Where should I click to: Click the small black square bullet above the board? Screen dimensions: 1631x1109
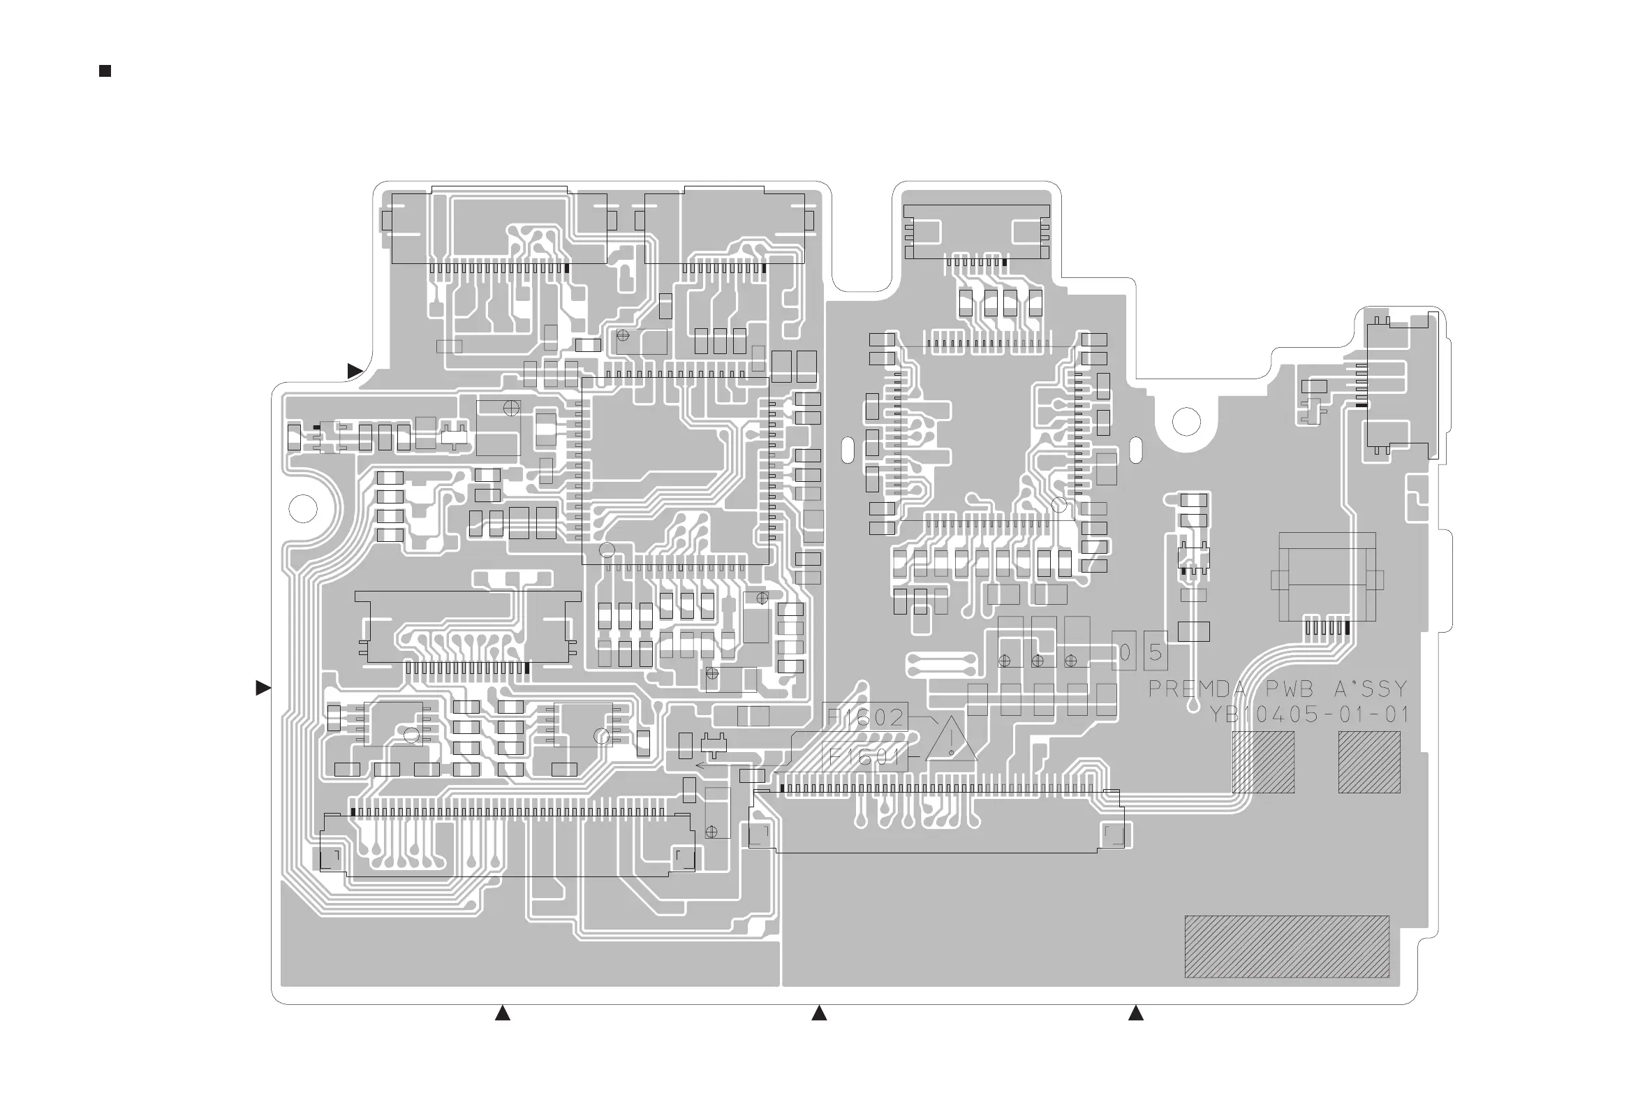pyautogui.click(x=105, y=71)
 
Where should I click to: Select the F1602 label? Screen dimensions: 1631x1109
pyautogui.click(x=864, y=717)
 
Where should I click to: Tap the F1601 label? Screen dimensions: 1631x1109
pyautogui.click(x=864, y=756)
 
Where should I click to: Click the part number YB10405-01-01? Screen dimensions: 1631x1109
pyautogui.click(x=1309, y=714)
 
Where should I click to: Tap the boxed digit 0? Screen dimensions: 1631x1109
pyautogui.click(x=1124, y=653)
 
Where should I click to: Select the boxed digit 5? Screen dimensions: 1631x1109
pyautogui.click(x=1155, y=653)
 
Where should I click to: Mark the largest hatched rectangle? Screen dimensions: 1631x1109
pyautogui.click(x=1287, y=946)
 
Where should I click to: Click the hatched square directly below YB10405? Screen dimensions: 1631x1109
pyautogui.click(x=1263, y=762)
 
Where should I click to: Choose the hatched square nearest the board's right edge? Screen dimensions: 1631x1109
pyautogui.click(x=1369, y=762)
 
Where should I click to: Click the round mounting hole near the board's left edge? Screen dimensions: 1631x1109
pyautogui.click(x=303, y=508)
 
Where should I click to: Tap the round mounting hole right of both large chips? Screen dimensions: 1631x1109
pyautogui.click(x=1186, y=422)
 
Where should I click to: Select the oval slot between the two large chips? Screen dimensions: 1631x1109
pyautogui.click(x=847, y=449)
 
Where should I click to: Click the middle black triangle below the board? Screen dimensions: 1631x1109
pyautogui.click(x=819, y=1013)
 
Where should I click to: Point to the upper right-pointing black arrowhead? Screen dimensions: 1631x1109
pyautogui.click(x=355, y=371)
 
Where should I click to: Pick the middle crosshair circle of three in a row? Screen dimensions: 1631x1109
pyautogui.click(x=1038, y=661)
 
